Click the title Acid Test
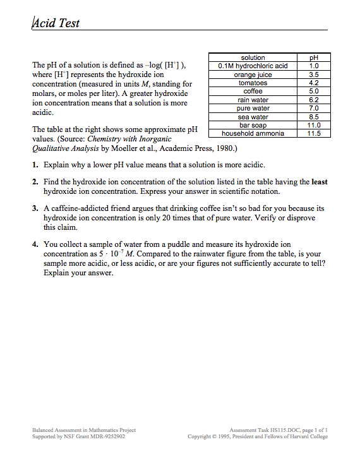(56, 23)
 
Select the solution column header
(253, 57)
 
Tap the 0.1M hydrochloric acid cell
(253, 66)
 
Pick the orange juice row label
(253, 75)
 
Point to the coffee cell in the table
(253, 91)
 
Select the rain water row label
(253, 100)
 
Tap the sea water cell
(253, 117)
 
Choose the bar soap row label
(253, 125)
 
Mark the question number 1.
(35, 164)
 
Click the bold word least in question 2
(319, 182)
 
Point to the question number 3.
(35, 208)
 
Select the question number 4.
(35, 243)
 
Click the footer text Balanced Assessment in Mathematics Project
(84, 430)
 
